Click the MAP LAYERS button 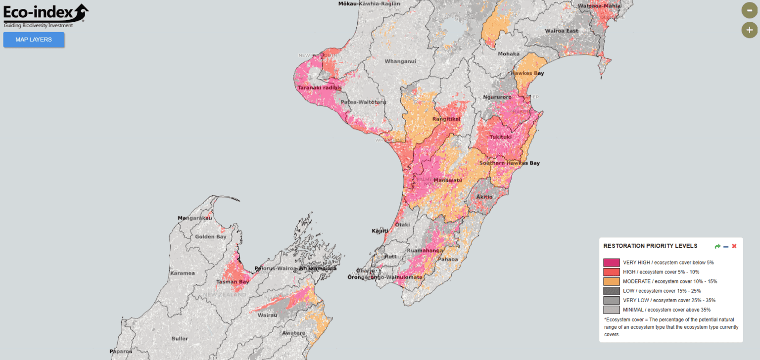click(34, 40)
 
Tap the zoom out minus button click(749, 10)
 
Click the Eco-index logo click(46, 15)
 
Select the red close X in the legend click(734, 246)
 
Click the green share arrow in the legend click(717, 246)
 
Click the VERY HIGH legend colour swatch click(612, 263)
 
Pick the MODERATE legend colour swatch click(612, 281)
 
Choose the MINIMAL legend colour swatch click(612, 310)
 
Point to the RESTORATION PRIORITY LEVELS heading click(650, 246)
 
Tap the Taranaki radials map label click(319, 88)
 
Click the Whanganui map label click(400, 61)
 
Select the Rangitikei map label click(446, 119)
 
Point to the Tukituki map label click(501, 137)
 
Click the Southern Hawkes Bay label click(509, 163)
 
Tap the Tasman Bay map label click(233, 282)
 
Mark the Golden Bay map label click(210, 237)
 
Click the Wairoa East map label click(561, 31)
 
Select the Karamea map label click(182, 273)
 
